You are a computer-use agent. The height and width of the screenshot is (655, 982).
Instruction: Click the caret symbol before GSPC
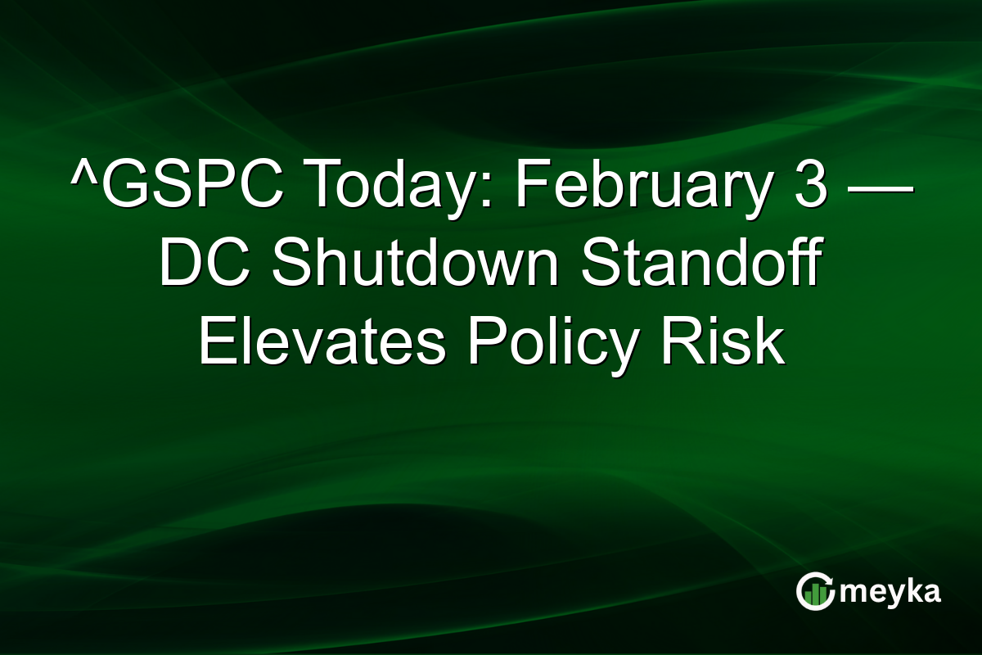pyautogui.click(x=83, y=181)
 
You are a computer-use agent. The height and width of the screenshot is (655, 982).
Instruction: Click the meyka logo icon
pyautogui.click(x=814, y=591)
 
